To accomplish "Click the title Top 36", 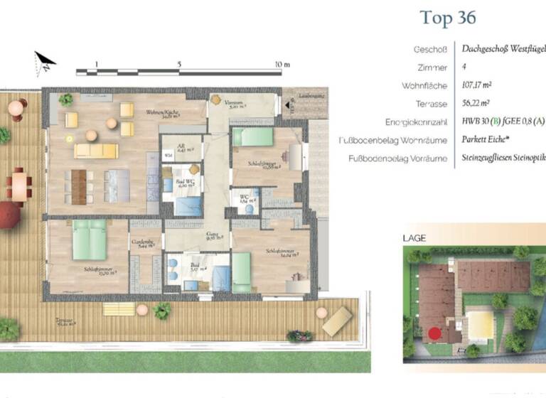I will [448, 18].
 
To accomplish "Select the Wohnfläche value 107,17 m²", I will [477, 85].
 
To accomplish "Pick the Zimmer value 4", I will [464, 68].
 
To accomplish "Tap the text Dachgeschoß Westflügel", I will [502, 50].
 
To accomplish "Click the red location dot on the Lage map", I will [434, 333].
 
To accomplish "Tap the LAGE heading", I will [414, 238].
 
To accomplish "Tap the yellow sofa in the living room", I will [96, 150].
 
